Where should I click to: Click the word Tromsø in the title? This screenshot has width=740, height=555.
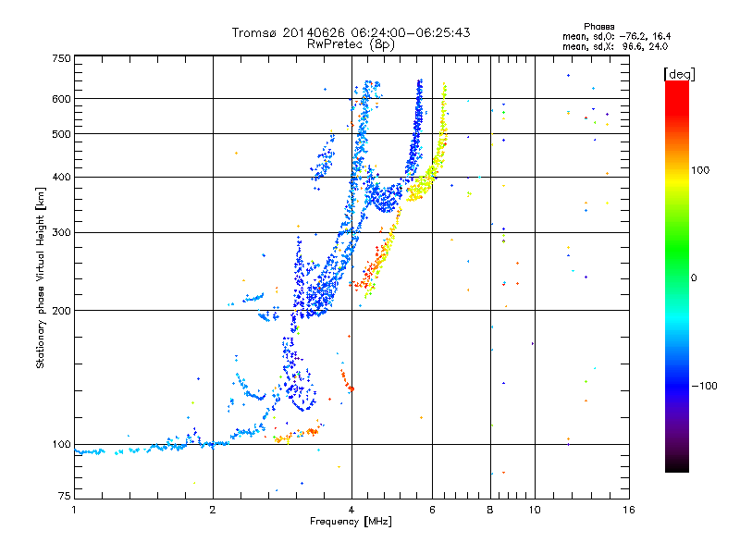tap(254, 32)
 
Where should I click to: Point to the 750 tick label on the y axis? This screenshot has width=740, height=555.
tap(62, 58)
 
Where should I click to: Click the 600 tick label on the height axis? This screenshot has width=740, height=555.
tap(62, 99)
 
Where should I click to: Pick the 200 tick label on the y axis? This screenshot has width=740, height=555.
tap(62, 311)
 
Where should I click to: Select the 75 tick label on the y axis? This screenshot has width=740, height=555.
tap(65, 496)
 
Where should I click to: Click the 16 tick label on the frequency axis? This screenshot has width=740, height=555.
tap(629, 510)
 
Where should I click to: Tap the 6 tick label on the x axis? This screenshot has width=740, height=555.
tap(432, 510)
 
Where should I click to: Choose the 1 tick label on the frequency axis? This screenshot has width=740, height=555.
tap(74, 510)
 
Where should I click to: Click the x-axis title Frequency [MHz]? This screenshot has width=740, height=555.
tap(351, 522)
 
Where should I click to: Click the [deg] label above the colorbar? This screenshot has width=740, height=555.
tap(679, 74)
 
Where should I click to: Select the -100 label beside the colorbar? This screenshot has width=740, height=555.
tap(704, 386)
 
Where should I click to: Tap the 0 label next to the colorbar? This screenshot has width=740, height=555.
tap(694, 277)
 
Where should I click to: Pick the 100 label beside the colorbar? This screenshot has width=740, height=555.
tap(700, 170)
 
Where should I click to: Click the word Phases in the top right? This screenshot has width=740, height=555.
tap(598, 27)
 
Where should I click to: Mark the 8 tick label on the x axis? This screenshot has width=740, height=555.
tap(490, 510)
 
